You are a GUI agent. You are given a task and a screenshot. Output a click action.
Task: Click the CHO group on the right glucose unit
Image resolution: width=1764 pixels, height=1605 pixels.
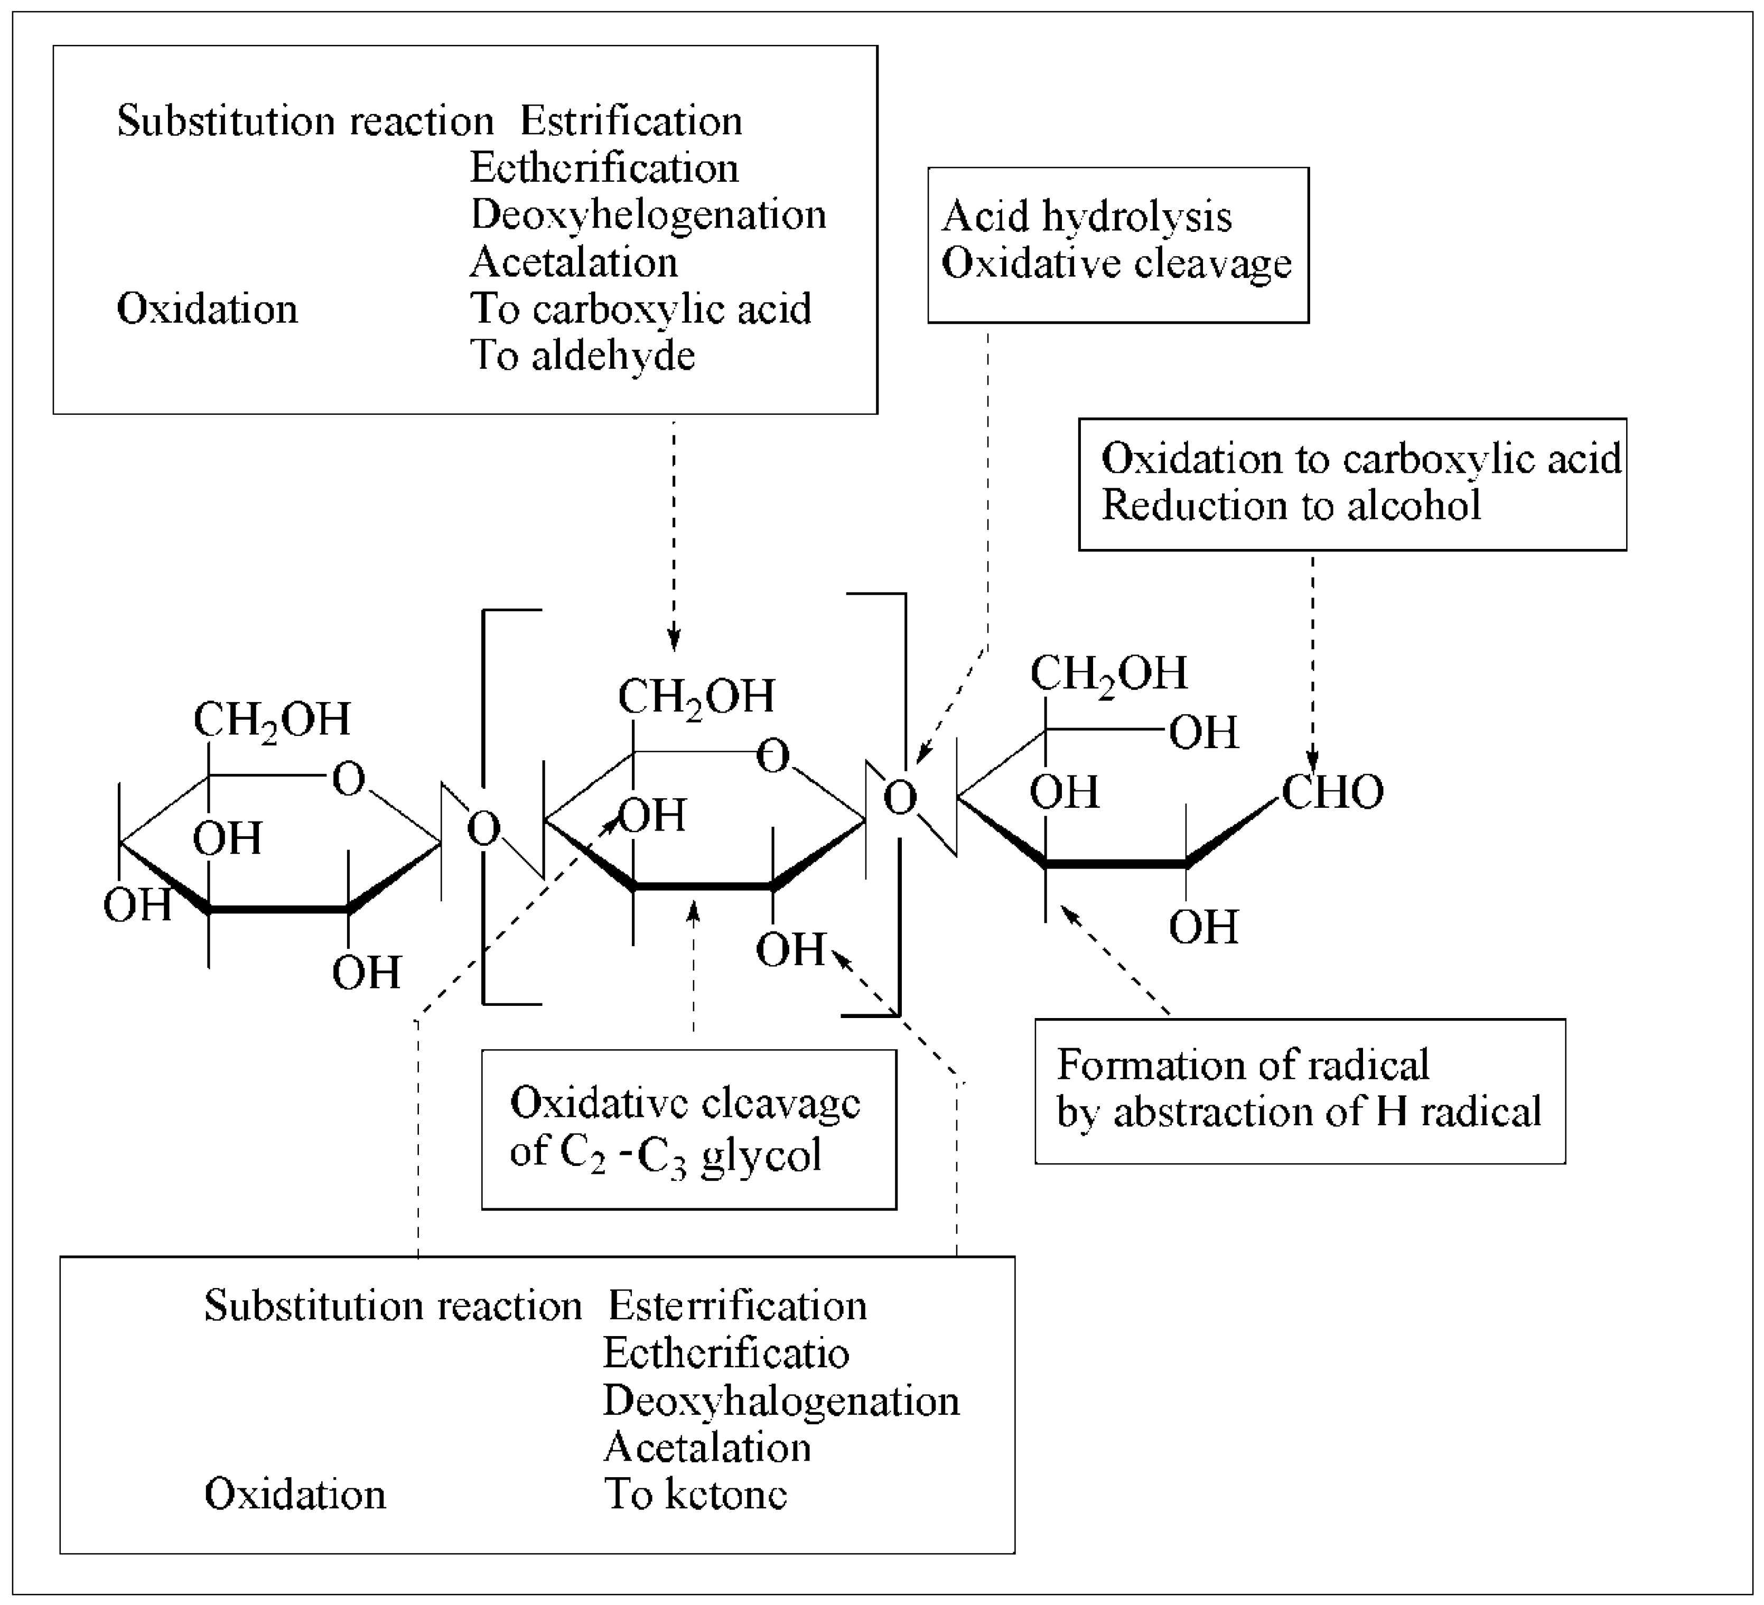point(1332,792)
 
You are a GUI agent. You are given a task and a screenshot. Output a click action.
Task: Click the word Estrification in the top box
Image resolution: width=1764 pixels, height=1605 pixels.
point(631,122)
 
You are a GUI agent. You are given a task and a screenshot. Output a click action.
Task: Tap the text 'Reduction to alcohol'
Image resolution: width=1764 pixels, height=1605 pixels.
point(1291,506)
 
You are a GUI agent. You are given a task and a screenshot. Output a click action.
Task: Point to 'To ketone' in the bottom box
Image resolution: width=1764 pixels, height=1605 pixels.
point(696,1494)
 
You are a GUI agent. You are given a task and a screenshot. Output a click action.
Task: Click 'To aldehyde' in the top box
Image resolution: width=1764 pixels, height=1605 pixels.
point(583,356)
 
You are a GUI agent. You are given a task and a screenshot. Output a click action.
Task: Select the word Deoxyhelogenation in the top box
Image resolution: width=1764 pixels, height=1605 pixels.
point(648,215)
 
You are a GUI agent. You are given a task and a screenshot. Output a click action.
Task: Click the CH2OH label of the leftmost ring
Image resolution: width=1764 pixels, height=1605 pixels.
point(271,720)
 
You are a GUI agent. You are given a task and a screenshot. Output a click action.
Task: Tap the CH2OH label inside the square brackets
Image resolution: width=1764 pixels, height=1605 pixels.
point(696,697)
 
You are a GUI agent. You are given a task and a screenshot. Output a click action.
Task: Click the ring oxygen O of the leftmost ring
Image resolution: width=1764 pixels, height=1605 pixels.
point(348,779)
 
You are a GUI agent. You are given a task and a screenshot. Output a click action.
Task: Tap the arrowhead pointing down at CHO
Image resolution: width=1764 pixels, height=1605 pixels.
point(1312,761)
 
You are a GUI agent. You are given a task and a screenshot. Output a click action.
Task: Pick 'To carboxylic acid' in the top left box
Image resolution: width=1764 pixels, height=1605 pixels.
point(640,309)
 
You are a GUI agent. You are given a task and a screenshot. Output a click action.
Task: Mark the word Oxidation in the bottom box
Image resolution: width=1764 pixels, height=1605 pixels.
point(295,1494)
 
